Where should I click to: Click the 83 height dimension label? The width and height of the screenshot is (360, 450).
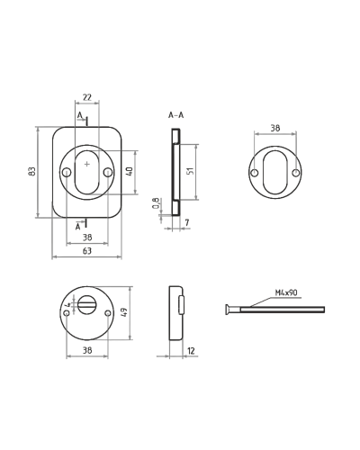click(32, 171)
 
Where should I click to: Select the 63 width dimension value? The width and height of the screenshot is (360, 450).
click(87, 251)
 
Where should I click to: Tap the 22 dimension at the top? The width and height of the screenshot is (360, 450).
click(87, 97)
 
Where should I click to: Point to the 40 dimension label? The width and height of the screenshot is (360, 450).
click(130, 172)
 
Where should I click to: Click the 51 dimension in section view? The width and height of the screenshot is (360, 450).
click(191, 171)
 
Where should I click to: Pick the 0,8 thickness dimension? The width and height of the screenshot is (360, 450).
click(156, 203)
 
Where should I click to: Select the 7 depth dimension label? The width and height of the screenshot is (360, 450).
click(187, 223)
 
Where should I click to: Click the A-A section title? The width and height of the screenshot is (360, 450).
click(176, 115)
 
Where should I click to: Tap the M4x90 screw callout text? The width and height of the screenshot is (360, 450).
click(286, 292)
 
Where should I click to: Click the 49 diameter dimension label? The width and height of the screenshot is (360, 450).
click(124, 312)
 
